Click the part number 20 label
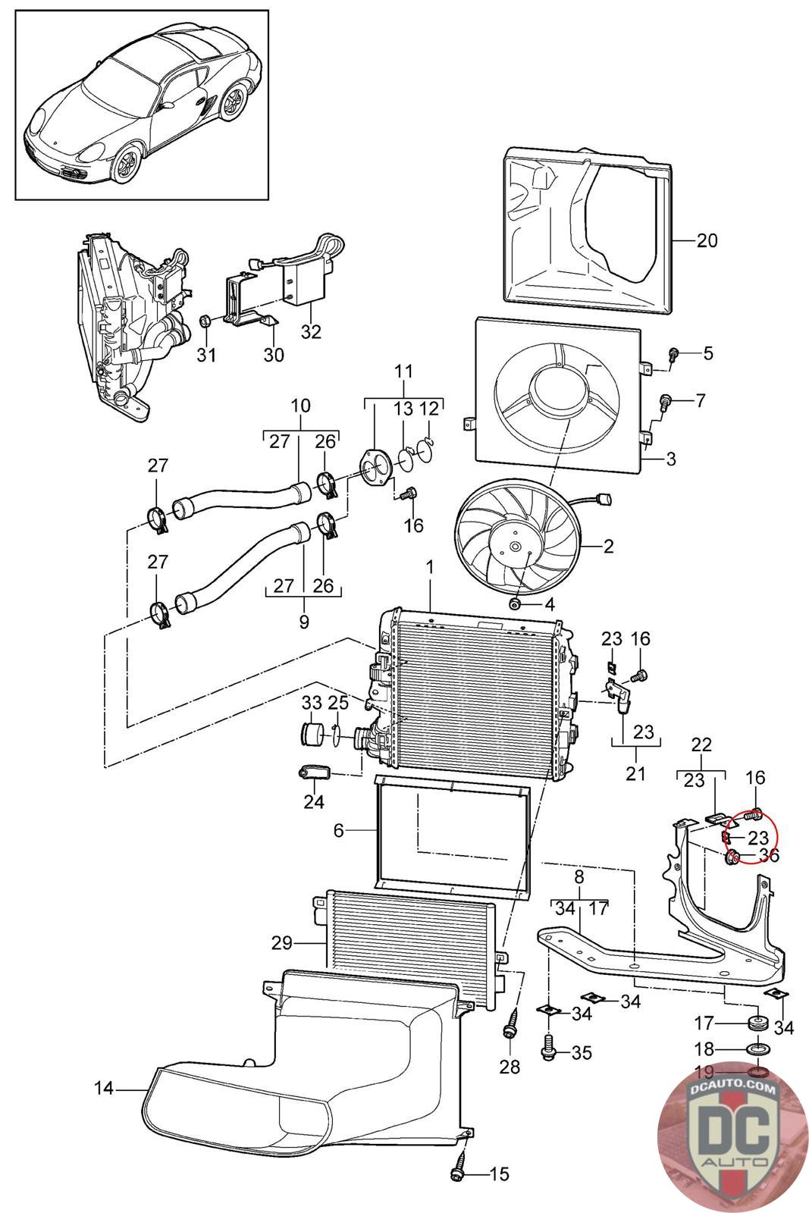tap(706, 240)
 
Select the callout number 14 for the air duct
tap(104, 1089)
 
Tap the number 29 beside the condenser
tap(282, 943)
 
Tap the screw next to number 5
tap(673, 353)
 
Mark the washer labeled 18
tap(756, 1050)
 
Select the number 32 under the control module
tap(311, 331)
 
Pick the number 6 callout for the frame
tap(338, 831)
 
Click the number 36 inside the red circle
tap(769, 855)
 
